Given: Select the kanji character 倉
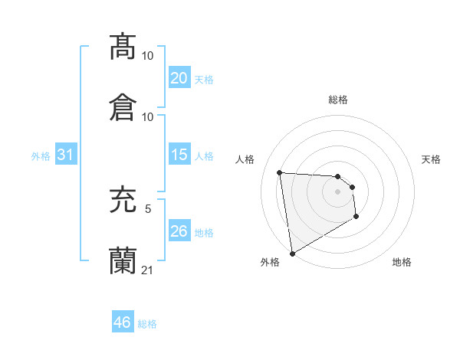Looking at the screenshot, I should (123, 107).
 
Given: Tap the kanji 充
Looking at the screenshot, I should (123, 200).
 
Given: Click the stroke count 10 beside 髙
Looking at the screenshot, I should (148, 56).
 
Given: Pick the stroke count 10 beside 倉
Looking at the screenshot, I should (148, 117).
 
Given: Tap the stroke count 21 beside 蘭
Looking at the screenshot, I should (148, 270).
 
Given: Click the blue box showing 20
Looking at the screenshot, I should (179, 78).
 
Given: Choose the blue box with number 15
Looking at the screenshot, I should (179, 155).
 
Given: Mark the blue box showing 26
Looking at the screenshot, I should (179, 231).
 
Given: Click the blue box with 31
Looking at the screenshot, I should (66, 155).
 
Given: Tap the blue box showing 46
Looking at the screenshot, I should (123, 322).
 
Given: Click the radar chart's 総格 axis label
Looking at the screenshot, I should (338, 100).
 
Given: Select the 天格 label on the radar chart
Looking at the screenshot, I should (431, 159).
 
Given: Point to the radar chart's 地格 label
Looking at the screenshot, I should (402, 262).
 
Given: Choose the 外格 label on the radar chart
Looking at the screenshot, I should (270, 262).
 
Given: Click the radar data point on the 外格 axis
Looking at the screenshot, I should (291, 253).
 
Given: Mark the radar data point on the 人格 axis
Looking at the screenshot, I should (280, 172).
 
